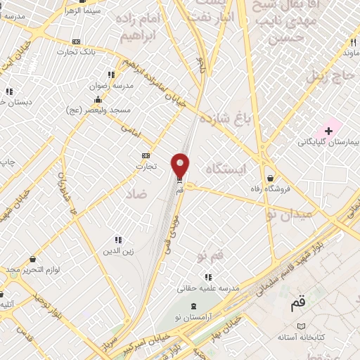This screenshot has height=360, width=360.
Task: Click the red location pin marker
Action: [181, 165]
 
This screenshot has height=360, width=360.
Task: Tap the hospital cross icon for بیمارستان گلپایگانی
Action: [328, 131]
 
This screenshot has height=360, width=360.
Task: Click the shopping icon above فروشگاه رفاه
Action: [271, 179]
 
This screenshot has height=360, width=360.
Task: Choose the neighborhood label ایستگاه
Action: [227, 168]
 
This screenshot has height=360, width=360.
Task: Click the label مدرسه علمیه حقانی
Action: [208, 288]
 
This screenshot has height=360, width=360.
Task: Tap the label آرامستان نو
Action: [194, 318]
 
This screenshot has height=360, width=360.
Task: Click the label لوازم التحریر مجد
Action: [34, 270]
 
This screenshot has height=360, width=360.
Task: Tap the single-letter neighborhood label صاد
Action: [136, 192]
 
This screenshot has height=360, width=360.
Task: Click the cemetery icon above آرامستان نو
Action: [194, 307]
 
